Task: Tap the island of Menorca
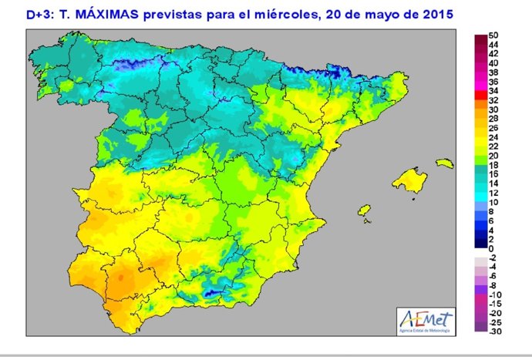pos(445,163)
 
